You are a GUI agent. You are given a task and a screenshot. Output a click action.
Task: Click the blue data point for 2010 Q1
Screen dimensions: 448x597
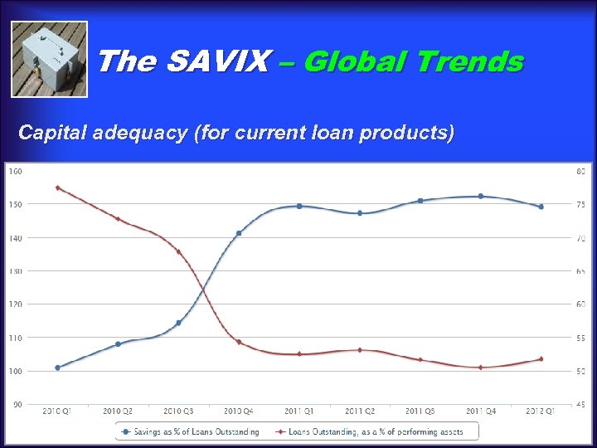[57, 368]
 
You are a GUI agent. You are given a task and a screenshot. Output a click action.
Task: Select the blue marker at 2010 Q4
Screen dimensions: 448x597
[239, 233]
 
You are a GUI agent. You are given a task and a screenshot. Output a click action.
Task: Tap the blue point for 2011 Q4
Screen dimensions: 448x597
[480, 196]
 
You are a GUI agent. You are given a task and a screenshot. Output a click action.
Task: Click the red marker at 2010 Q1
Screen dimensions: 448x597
[57, 187]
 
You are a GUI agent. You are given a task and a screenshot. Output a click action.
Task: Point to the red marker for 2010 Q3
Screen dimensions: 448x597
[178, 251]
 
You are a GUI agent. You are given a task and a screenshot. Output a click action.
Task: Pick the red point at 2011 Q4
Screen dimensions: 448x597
[480, 367]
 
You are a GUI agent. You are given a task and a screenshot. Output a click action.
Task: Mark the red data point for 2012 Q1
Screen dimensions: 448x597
[541, 359]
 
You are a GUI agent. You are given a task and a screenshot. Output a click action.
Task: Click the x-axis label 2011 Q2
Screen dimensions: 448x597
[359, 411]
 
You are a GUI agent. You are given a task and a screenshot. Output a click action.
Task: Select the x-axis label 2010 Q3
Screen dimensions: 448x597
[178, 411]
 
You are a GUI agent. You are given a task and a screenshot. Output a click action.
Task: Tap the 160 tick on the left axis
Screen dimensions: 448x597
[15, 171]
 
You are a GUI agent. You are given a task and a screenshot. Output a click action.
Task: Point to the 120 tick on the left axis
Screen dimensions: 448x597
[15, 304]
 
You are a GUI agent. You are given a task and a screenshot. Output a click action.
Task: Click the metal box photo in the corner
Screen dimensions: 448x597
[49, 59]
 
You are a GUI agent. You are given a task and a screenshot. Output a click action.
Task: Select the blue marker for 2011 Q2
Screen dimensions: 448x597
[359, 213]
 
